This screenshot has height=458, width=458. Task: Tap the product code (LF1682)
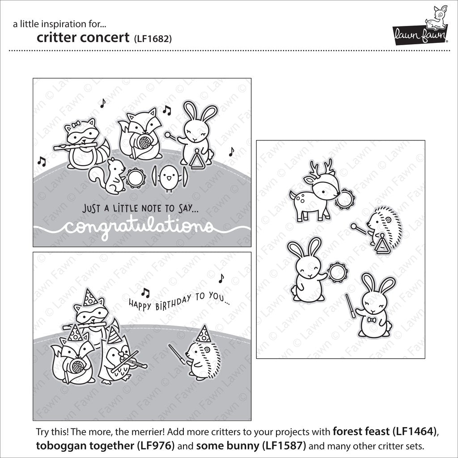click(152, 38)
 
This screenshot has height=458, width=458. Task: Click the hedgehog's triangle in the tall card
click(382, 244)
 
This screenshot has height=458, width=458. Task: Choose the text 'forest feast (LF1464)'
click(383, 432)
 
